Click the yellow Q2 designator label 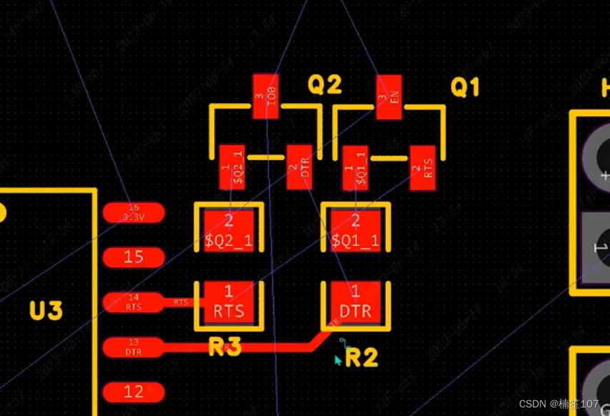click(x=325, y=86)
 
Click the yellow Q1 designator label click(x=465, y=88)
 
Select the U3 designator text click(x=46, y=311)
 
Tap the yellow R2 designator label click(x=361, y=357)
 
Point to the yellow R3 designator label click(x=225, y=348)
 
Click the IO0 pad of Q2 click(x=265, y=95)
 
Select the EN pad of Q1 click(x=389, y=97)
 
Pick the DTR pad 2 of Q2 click(x=299, y=167)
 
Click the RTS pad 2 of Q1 click(x=423, y=167)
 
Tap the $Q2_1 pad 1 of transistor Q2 click(x=232, y=167)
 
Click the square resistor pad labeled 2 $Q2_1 click(x=229, y=230)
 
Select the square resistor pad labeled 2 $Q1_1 click(x=355, y=230)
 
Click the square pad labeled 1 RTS click(x=229, y=302)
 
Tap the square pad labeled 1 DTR click(x=355, y=302)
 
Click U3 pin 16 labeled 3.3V click(x=134, y=212)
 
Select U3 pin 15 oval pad click(x=134, y=257)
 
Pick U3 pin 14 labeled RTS click(x=134, y=302)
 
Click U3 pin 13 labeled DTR click(x=134, y=347)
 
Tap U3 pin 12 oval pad click(x=134, y=392)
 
